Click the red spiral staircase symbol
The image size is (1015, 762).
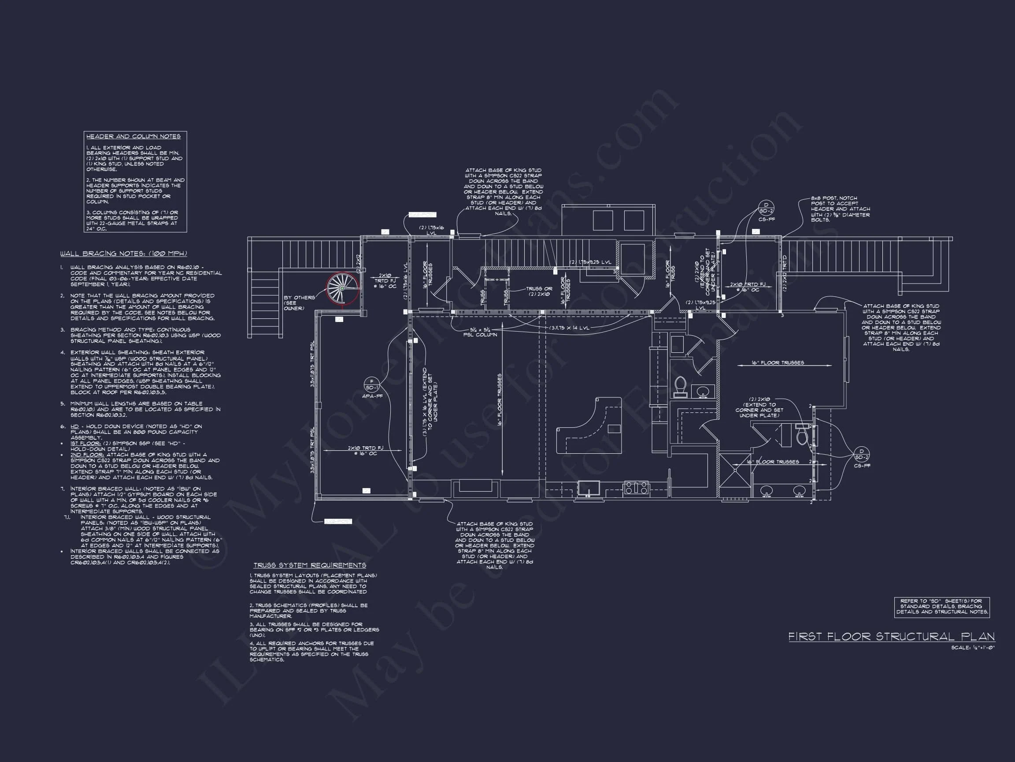click(x=342, y=289)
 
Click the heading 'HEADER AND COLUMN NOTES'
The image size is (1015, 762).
click(x=133, y=136)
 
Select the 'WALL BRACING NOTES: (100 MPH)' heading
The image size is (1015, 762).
click(x=123, y=254)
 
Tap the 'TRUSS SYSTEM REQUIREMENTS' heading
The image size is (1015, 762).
click(x=310, y=565)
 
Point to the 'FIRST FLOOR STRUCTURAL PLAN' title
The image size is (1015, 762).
click(x=892, y=637)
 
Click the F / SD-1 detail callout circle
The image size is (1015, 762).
click(x=372, y=385)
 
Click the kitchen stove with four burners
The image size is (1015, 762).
click(x=636, y=488)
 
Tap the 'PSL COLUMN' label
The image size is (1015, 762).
click(x=480, y=334)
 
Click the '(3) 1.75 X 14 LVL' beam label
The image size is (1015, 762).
click(x=570, y=328)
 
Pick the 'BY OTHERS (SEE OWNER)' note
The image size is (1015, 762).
click(x=299, y=303)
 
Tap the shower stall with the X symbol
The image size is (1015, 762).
click(x=735, y=471)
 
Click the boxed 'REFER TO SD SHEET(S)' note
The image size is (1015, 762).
click(x=941, y=606)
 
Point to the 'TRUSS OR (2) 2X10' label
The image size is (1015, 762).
click(x=539, y=291)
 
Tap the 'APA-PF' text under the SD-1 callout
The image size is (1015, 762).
click(x=372, y=396)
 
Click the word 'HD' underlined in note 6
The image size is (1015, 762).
click(x=74, y=427)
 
